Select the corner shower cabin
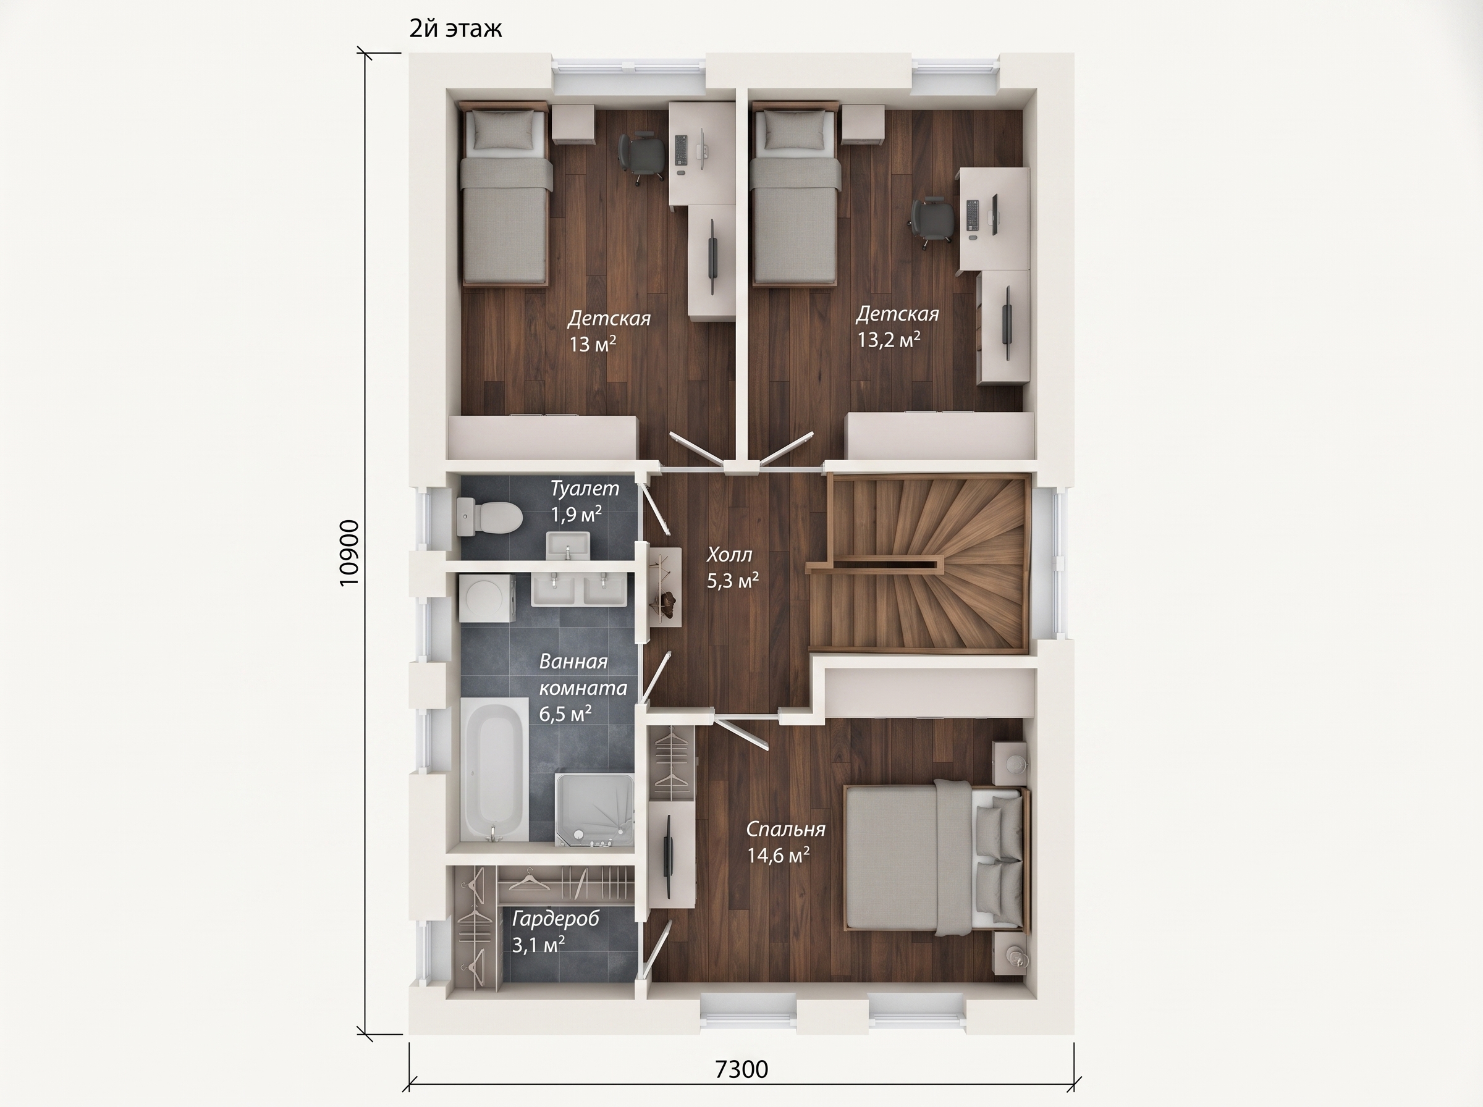tap(594, 810)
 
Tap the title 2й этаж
tap(455, 29)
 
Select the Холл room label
tap(730, 555)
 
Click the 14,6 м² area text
tap(778, 856)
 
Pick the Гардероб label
tap(556, 919)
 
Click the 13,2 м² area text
tap(889, 340)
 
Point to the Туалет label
tap(585, 489)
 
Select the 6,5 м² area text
tap(565, 713)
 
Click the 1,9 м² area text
tap(577, 515)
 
